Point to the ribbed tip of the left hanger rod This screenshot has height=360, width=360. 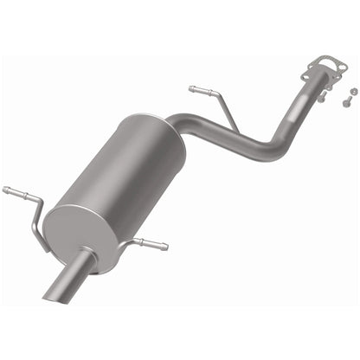tap(10, 190)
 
